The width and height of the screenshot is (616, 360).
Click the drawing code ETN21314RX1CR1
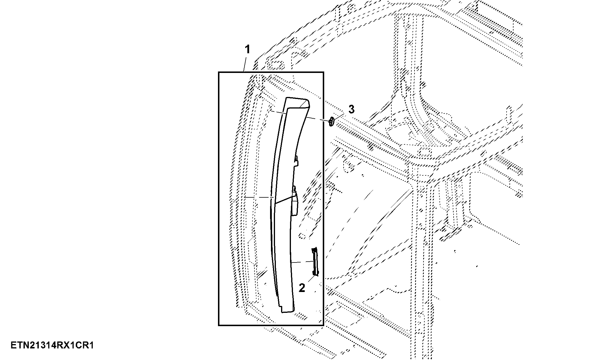(52, 346)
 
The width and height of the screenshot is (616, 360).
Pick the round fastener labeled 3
(331, 122)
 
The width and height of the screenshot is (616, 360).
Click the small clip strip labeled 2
(315, 261)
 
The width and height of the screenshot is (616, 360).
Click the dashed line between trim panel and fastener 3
(317, 120)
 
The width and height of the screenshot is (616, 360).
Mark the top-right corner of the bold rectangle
(323, 72)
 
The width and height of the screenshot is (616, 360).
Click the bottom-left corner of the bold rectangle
(219, 325)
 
